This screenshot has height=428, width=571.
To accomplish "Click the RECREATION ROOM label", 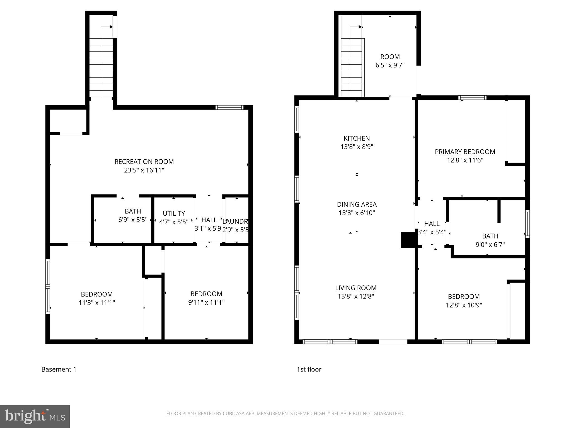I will point(144,162).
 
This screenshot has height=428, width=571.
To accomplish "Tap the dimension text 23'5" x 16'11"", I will point(144,170).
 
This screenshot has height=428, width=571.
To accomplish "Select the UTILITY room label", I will point(174,213).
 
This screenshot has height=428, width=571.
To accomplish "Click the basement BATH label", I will point(133,211).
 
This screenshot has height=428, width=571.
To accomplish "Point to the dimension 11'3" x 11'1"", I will point(97,303).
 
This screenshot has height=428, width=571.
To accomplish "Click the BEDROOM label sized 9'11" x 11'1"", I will point(206,294).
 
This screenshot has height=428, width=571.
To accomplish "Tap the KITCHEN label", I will point(357,138).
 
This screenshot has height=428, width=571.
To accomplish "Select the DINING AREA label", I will point(357,205).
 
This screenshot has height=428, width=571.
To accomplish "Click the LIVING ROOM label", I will point(356,288).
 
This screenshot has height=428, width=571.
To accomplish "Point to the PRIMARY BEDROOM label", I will point(465,152).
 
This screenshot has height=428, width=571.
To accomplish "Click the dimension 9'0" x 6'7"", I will point(490,245).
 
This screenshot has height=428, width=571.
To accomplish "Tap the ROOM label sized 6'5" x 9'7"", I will point(390,57).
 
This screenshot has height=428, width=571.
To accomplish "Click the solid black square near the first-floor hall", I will point(408,240).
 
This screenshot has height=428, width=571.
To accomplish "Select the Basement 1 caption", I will point(59,369).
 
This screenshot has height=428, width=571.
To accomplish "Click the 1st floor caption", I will point(309,369).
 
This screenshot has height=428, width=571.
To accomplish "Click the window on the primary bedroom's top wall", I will point(472,98).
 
